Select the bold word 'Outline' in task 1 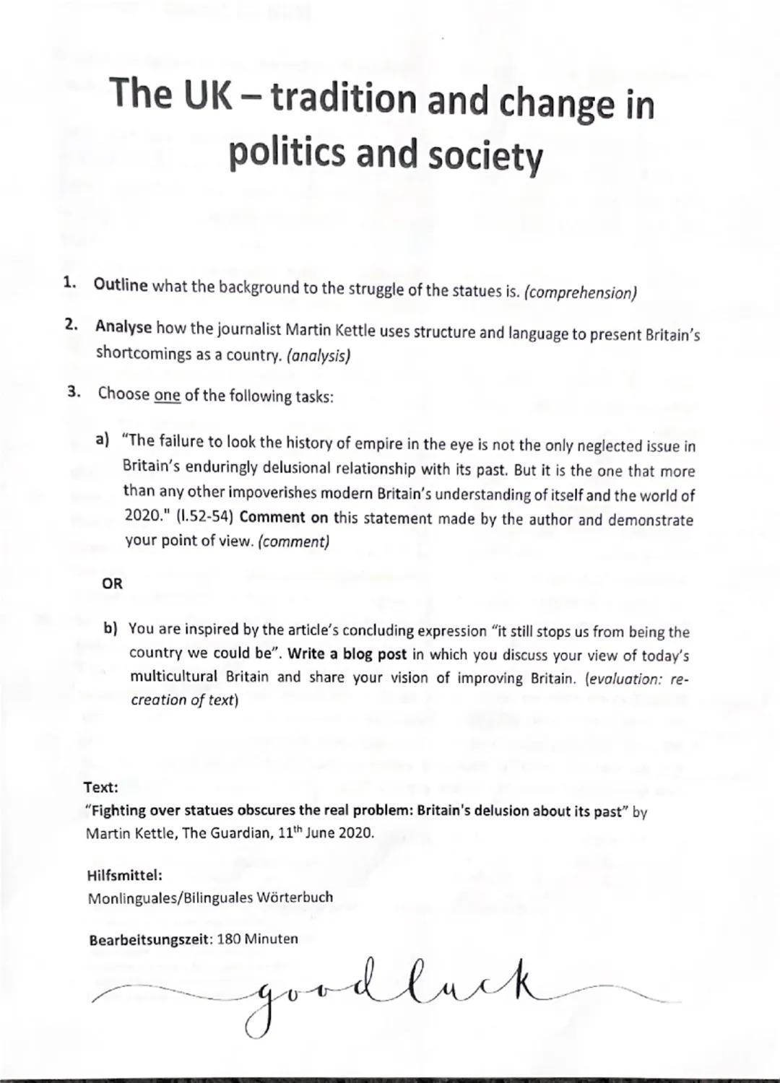[121, 285]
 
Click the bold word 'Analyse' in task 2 [123, 327]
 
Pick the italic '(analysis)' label [318, 356]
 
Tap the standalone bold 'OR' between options [113, 583]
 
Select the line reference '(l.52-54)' [205, 518]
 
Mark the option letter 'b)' [110, 628]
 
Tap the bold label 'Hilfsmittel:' [123, 875]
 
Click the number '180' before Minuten [229, 939]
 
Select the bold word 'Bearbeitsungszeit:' [150, 940]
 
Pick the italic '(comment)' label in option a [294, 541]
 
